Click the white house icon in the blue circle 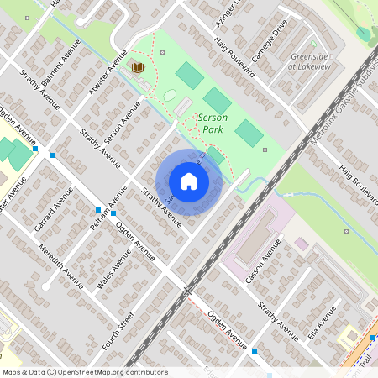(x=188, y=181)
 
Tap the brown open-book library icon (x=137, y=67)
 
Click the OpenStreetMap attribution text (x=84, y=372)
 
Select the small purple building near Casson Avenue (x=301, y=244)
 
